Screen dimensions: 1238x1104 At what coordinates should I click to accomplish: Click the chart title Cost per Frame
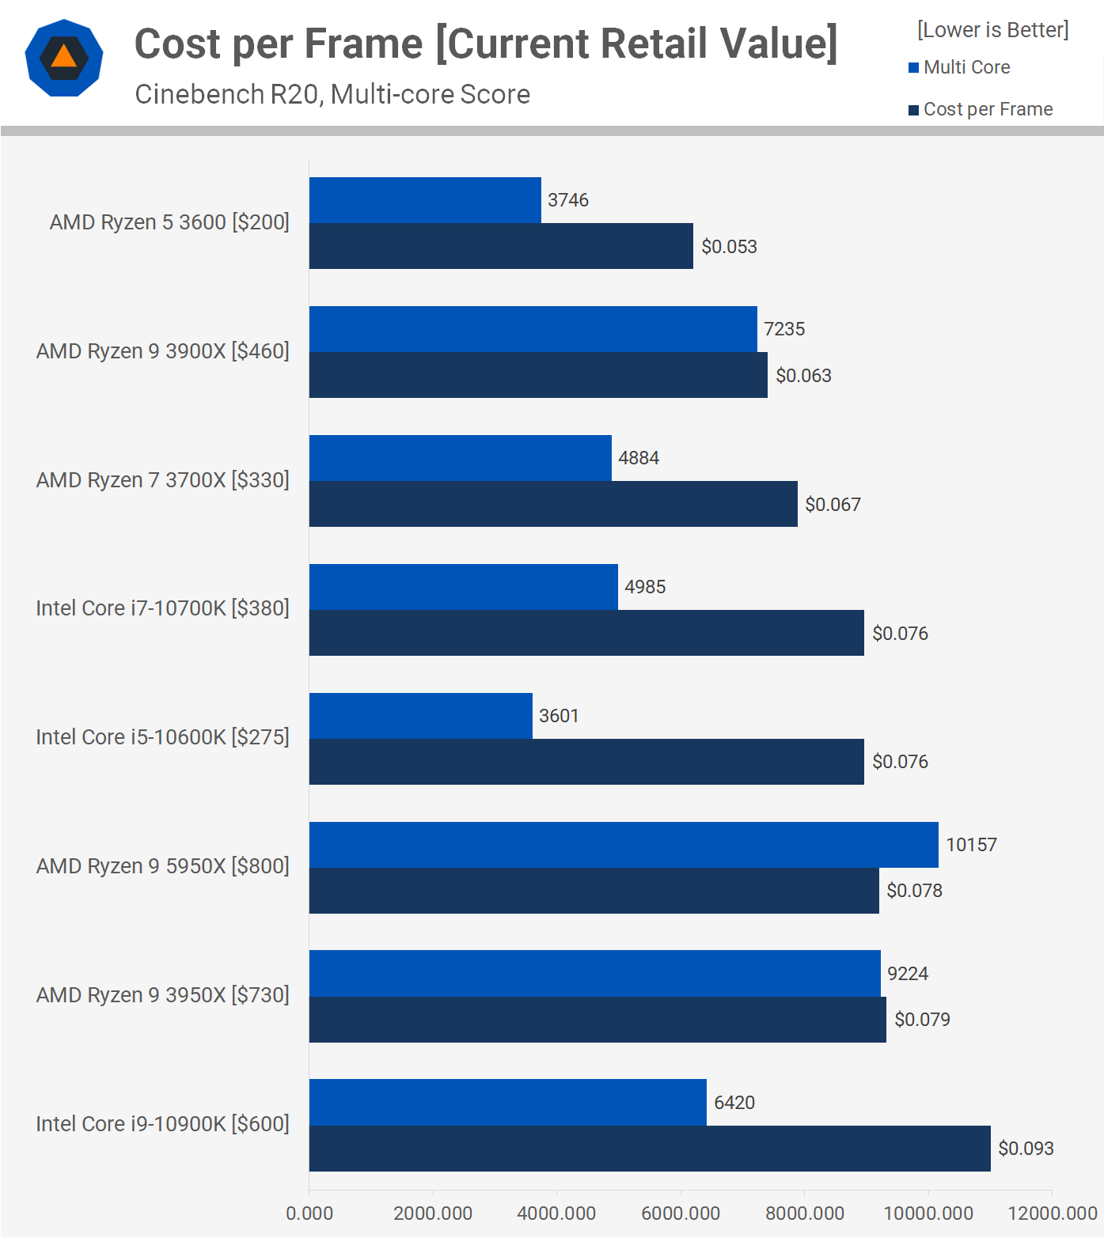(486, 44)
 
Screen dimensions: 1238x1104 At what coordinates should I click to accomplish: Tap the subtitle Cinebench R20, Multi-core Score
(332, 94)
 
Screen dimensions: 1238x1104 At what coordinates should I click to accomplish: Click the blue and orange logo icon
(64, 58)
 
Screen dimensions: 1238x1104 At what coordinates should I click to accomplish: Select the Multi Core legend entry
(966, 67)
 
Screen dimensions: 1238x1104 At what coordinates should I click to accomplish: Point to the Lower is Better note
(992, 30)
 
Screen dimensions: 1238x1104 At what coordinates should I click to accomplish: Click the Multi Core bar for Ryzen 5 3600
(425, 200)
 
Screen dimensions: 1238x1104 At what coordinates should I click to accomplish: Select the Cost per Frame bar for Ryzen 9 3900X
(538, 375)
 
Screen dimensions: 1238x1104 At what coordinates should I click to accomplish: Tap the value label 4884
(639, 458)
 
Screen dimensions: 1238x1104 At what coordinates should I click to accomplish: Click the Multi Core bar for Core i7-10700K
(463, 587)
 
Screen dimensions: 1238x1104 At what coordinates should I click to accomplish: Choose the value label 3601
(559, 716)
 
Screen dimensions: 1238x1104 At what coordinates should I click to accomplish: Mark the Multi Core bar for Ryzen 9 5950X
(624, 845)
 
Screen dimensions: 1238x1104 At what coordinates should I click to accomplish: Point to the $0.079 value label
(922, 1020)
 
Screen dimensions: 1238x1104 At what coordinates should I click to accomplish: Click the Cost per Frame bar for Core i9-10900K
(650, 1149)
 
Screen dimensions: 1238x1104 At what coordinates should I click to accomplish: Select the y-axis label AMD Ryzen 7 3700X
(162, 480)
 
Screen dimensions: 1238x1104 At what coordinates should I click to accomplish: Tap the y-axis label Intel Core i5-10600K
(162, 737)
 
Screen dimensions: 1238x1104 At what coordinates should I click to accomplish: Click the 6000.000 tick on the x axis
(681, 1213)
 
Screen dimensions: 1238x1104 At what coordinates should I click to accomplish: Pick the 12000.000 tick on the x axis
(1052, 1213)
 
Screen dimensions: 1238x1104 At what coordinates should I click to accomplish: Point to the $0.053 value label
(729, 247)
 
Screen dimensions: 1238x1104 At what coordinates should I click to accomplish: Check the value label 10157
(971, 845)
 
